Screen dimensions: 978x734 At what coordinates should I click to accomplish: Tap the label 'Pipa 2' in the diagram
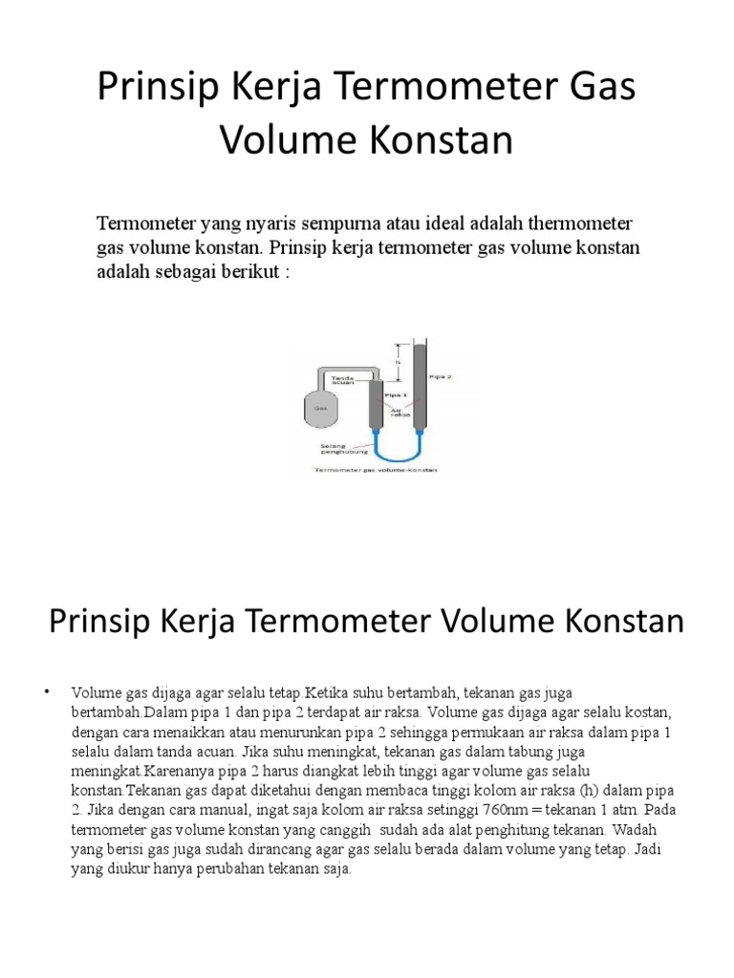442,376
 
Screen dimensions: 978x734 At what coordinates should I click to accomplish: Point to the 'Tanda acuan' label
342,381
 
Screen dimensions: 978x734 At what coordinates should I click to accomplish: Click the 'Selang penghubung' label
334,447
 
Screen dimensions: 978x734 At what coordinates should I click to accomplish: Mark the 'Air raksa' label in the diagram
401,415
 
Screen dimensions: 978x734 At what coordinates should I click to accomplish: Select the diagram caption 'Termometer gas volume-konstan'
375,470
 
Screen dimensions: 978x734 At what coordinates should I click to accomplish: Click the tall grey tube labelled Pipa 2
420,382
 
